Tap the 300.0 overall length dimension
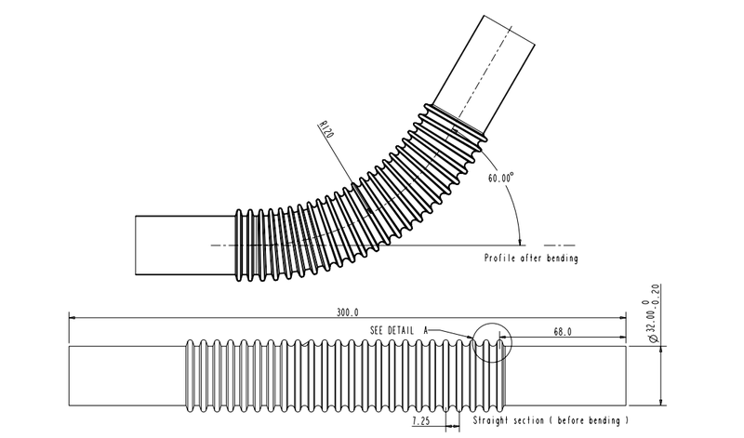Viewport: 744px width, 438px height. pos(345,313)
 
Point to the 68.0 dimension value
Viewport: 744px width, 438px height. pos(561,330)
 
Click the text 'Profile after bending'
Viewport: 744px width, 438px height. pos(531,259)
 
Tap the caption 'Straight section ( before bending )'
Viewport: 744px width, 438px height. pos(552,421)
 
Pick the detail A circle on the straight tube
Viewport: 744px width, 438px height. pos(492,343)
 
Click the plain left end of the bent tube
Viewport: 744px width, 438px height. pos(184,244)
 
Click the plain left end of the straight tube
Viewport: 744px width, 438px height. pos(126,375)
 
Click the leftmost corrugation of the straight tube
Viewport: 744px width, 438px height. pos(191,375)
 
